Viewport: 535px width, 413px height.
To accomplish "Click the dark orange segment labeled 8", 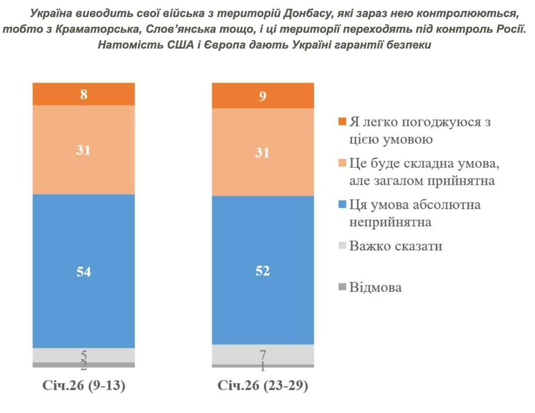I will click(x=84, y=94).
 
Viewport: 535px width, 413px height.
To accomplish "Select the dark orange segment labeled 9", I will click(x=262, y=96).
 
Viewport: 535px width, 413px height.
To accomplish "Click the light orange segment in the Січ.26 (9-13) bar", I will click(x=84, y=167).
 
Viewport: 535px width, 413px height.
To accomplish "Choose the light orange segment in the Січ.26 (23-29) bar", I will click(x=262, y=171).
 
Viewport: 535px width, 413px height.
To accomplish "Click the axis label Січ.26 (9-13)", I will click(x=84, y=385).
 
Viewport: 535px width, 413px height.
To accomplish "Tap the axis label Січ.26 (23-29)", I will click(x=262, y=385).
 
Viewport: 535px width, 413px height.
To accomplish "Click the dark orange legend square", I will click(x=342, y=122).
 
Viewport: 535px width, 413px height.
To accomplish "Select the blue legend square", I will click(x=342, y=204).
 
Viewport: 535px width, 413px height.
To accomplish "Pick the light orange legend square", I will click(x=342, y=163).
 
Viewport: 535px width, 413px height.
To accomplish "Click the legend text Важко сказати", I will click(x=395, y=246).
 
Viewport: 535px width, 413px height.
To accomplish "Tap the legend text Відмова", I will click(x=375, y=288).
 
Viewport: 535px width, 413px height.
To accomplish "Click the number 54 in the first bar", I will click(x=84, y=272).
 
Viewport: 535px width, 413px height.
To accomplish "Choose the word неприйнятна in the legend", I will click(x=390, y=222).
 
